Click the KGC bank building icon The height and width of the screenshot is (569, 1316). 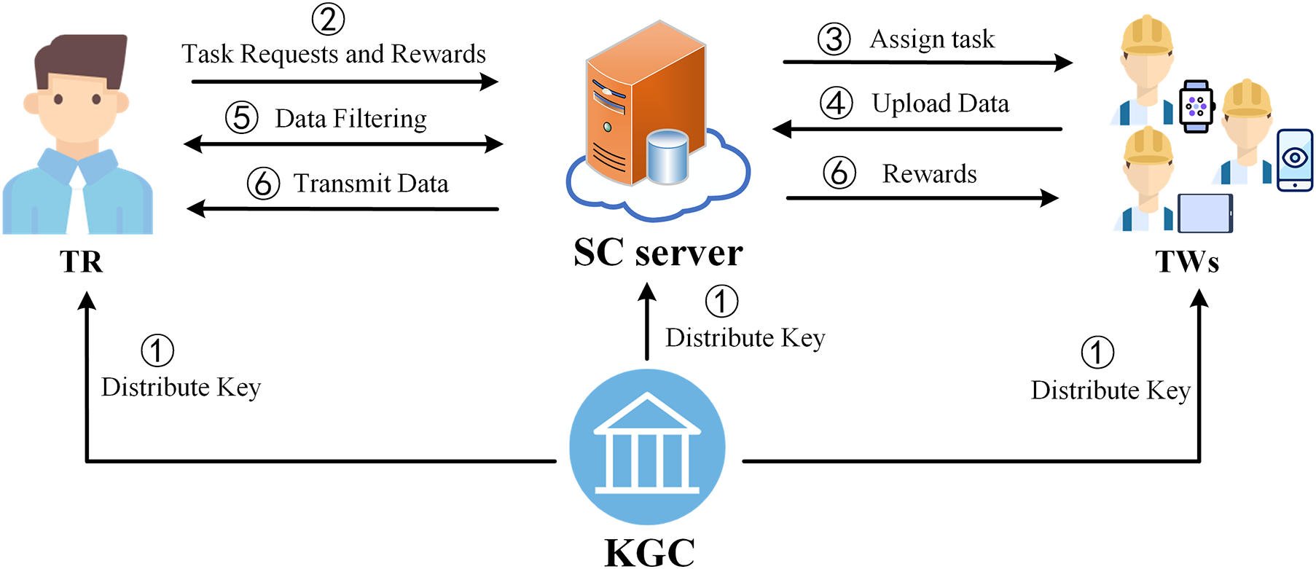[647, 447]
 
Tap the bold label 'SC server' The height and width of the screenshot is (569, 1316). [658, 253]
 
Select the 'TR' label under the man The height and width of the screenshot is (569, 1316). [82, 262]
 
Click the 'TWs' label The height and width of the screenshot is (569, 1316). [1187, 262]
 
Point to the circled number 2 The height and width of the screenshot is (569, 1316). [328, 19]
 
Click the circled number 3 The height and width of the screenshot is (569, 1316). [834, 39]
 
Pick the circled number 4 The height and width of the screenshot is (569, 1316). [837, 103]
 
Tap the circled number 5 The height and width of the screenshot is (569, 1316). [242, 118]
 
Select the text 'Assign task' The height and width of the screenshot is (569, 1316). [932, 39]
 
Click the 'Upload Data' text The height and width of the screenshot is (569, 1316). [941, 103]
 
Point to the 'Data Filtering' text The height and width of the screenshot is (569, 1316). [350, 119]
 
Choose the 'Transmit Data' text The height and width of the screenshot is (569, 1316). [371, 184]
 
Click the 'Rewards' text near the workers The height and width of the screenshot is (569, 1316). [929, 174]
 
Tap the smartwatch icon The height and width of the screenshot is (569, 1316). [1196, 106]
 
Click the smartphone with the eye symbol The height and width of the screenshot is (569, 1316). [1295, 160]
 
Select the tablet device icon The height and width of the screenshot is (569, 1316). [1205, 213]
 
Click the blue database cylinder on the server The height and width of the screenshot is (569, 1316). [667, 157]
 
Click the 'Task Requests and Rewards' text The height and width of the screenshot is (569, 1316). [334, 54]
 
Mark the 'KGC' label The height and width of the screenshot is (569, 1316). [649, 552]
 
